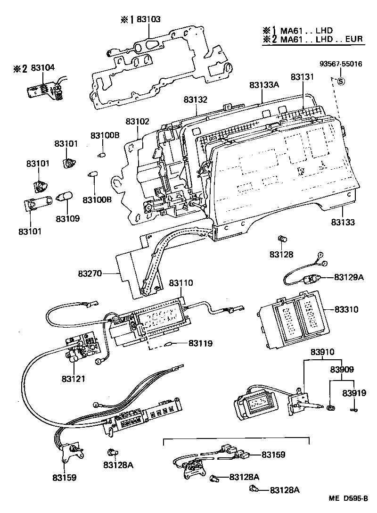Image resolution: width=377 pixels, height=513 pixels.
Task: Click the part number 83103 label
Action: pyautogui.click(x=148, y=19)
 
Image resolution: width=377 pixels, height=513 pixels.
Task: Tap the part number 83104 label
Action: pyautogui.click(x=43, y=68)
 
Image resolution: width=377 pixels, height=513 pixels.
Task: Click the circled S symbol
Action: pyautogui.click(x=342, y=80)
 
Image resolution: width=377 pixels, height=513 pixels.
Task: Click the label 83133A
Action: pyautogui.click(x=264, y=85)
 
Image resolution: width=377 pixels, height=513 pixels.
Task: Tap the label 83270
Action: pyautogui.click(x=90, y=273)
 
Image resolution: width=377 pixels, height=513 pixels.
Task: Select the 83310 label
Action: pyautogui.click(x=346, y=310)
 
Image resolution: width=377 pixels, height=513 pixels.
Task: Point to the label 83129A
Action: pyautogui.click(x=349, y=277)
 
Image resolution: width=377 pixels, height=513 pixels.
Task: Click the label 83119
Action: pyautogui.click(x=200, y=343)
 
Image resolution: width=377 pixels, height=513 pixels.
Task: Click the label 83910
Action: pyautogui.click(x=322, y=352)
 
